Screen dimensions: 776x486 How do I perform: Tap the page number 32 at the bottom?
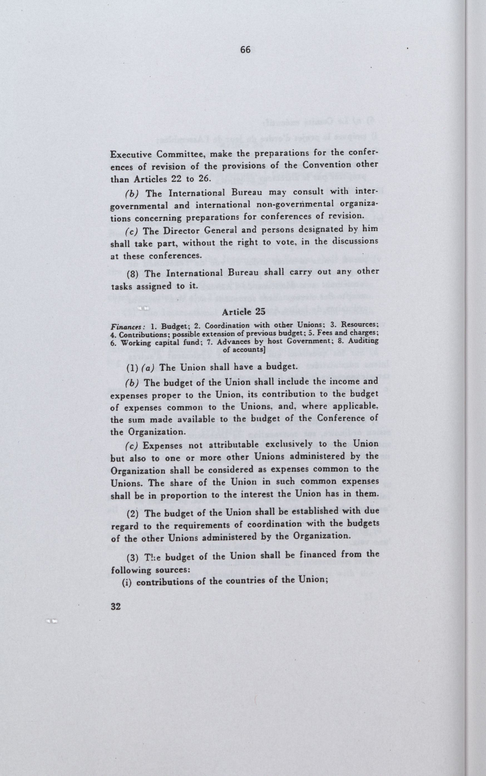tap(116, 606)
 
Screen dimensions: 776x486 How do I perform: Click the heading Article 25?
tap(244, 312)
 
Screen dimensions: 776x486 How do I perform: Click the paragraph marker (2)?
tap(132, 513)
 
